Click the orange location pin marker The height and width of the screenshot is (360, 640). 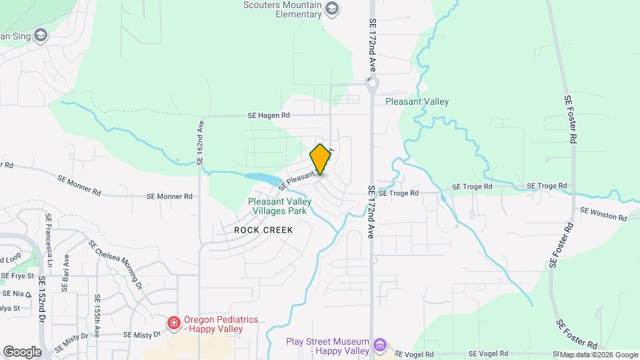[x=321, y=159]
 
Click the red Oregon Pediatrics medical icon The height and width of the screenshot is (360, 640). [x=174, y=323]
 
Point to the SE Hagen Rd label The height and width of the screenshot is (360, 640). [x=269, y=115]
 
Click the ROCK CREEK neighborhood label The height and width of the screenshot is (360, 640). [x=263, y=229]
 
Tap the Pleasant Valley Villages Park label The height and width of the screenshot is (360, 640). [x=277, y=206]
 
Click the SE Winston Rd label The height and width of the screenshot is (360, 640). [x=603, y=214]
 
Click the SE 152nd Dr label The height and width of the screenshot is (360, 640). [x=41, y=300]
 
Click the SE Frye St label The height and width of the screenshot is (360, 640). [x=17, y=275]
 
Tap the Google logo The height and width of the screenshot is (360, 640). [x=22, y=351]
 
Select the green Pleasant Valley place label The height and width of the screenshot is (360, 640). [x=417, y=102]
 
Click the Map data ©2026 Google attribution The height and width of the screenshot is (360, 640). [x=598, y=355]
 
